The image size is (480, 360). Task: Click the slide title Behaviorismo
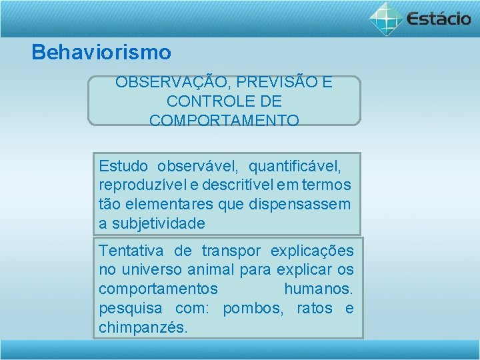[x=101, y=52]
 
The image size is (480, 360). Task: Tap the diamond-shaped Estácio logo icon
[x=386, y=18]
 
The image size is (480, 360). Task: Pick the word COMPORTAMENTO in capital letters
[x=224, y=121]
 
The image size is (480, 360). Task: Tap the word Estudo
[x=124, y=165]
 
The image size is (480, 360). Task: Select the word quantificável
[x=295, y=165]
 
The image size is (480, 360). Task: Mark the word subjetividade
[x=158, y=223]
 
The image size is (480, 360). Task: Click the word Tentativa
[x=131, y=251]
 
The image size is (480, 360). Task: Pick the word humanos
[x=318, y=289]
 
